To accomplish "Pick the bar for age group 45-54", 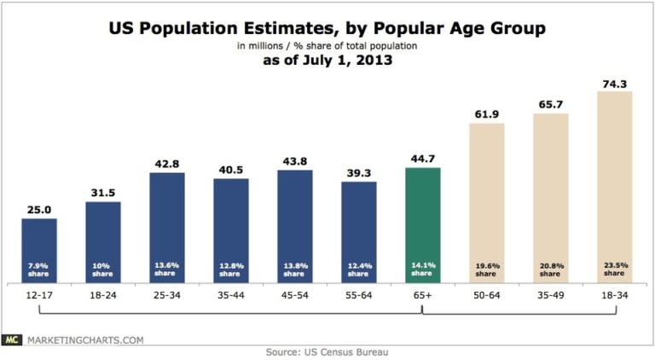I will (295, 225).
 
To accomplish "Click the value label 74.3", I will (615, 83).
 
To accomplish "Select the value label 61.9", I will (487, 114).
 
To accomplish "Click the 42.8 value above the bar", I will (167, 165).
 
